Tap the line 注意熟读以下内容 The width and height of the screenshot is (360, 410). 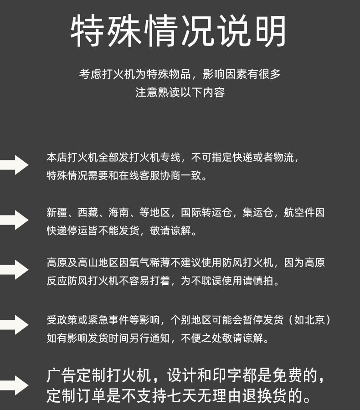point(180,92)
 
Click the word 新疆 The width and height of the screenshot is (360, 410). point(57,213)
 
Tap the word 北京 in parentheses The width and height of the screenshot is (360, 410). point(315,320)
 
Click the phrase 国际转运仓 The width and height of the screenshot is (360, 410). point(206,213)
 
